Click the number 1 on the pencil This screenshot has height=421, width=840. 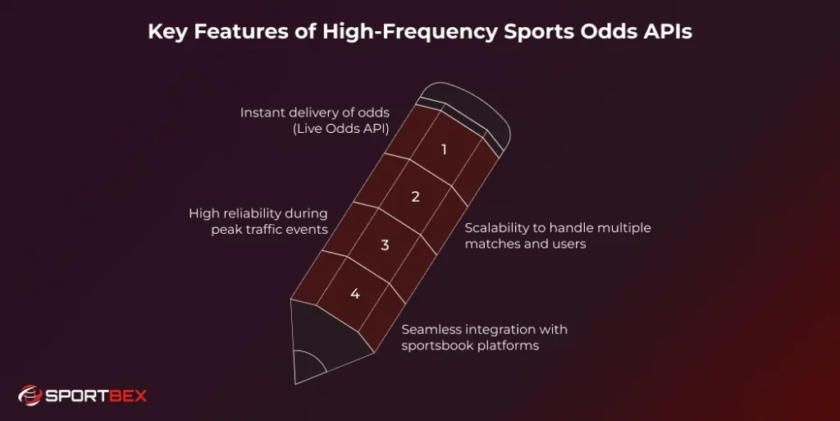[444, 150]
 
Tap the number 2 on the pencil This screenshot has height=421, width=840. [415, 197]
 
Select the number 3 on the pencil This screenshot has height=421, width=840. [385, 245]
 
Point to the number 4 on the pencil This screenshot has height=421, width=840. [354, 293]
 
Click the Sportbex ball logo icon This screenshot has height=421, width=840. [30, 396]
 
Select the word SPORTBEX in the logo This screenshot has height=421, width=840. [96, 396]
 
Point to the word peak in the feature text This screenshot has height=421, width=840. [226, 230]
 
